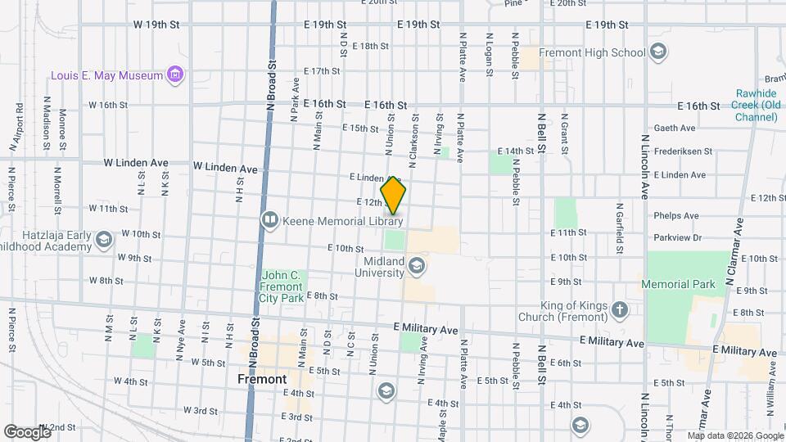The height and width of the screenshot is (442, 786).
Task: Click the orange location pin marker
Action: (x=393, y=195)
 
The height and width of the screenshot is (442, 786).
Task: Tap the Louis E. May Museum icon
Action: (x=174, y=75)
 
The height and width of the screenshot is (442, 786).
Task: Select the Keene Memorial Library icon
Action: (x=269, y=220)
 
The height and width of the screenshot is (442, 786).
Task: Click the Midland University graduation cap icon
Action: (x=417, y=266)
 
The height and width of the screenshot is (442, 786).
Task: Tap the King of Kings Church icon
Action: (x=620, y=309)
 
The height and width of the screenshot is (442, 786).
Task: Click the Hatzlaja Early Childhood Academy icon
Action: (x=103, y=240)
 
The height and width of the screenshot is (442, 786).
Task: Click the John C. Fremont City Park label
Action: (x=282, y=286)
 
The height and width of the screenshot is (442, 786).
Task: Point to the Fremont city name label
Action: (x=262, y=379)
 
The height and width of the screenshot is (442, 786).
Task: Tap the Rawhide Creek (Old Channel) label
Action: (x=756, y=106)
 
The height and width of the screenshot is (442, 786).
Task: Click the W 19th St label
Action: (x=156, y=25)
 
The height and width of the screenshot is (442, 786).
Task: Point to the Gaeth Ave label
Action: (x=674, y=128)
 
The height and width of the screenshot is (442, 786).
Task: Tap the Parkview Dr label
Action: (x=677, y=238)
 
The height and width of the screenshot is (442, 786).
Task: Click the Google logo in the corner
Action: (x=26, y=431)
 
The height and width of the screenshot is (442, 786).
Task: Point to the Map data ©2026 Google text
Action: (x=734, y=435)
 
